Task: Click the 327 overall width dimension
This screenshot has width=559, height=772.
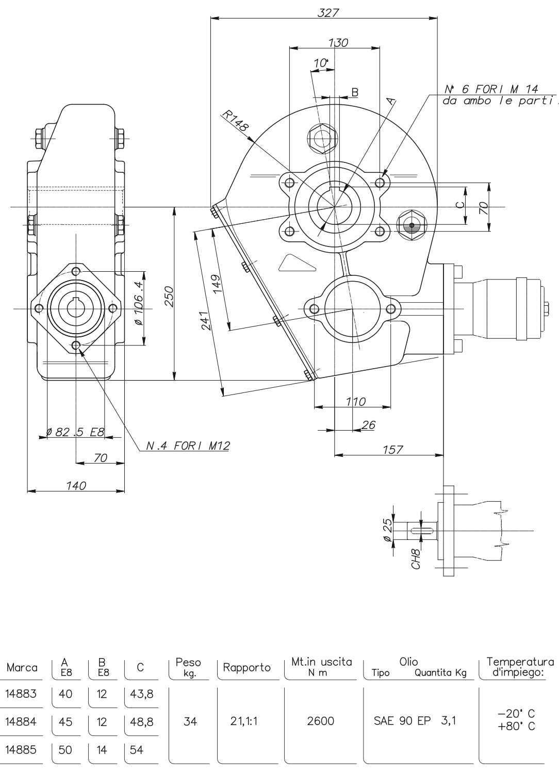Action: pos(328,13)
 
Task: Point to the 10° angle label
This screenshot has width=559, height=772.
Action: pos(321,63)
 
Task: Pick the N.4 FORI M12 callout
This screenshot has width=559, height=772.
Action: pos(188,446)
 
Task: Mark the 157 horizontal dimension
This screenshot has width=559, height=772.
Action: pos(393,449)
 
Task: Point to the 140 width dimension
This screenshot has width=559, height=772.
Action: pos(76,485)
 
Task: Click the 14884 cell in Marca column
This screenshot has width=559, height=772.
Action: pos(21,721)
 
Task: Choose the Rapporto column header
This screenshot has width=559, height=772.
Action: pos(246,667)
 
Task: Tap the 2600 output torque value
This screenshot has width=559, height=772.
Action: pos(320,721)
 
